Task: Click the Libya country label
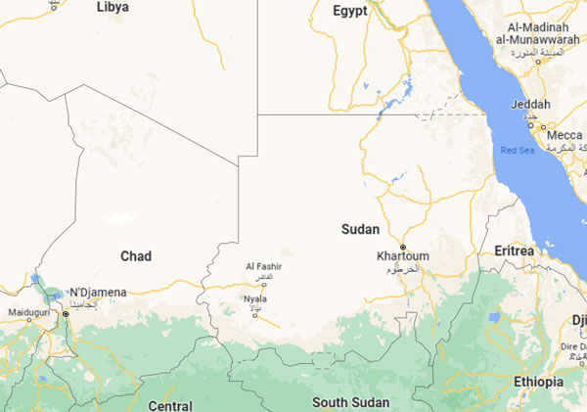point(113,7)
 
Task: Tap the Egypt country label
point(349,11)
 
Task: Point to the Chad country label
point(135,255)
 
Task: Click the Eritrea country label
point(515,251)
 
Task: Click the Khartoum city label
point(403,256)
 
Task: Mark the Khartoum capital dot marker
point(402,246)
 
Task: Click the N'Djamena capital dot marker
point(67,313)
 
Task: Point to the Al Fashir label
point(263,266)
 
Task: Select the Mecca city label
point(564,134)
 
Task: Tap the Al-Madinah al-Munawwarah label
point(544,31)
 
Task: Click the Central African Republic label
point(170,404)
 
